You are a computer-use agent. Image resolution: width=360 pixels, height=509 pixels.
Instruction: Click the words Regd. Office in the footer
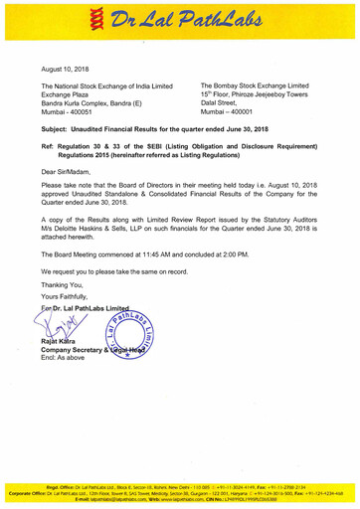(x=113, y=487)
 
